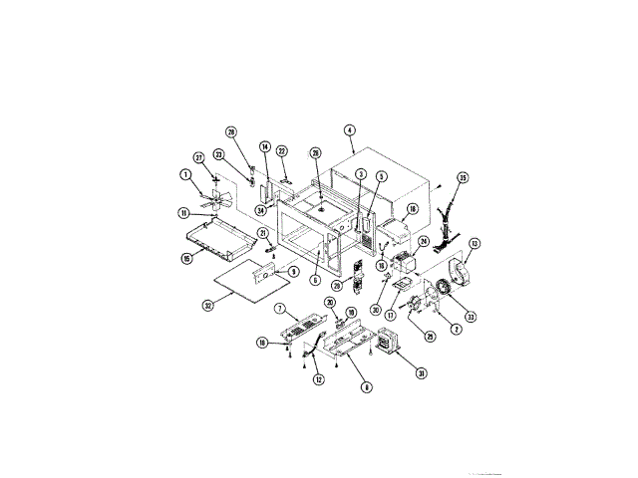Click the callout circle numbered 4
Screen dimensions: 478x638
pyautogui.click(x=349, y=129)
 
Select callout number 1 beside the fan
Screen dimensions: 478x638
pyautogui.click(x=185, y=175)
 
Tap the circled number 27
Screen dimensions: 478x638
pyautogui.click(x=198, y=157)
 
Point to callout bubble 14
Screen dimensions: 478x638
pyautogui.click(x=265, y=147)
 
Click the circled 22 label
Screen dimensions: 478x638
pyautogui.click(x=281, y=151)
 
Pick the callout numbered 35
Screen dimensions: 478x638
pyautogui.click(x=463, y=178)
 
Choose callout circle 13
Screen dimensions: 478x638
pyautogui.click(x=475, y=243)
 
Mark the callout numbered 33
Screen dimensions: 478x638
pyautogui.click(x=470, y=317)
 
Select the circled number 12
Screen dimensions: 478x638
pyautogui.click(x=319, y=378)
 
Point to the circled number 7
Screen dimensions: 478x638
pyautogui.click(x=280, y=309)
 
